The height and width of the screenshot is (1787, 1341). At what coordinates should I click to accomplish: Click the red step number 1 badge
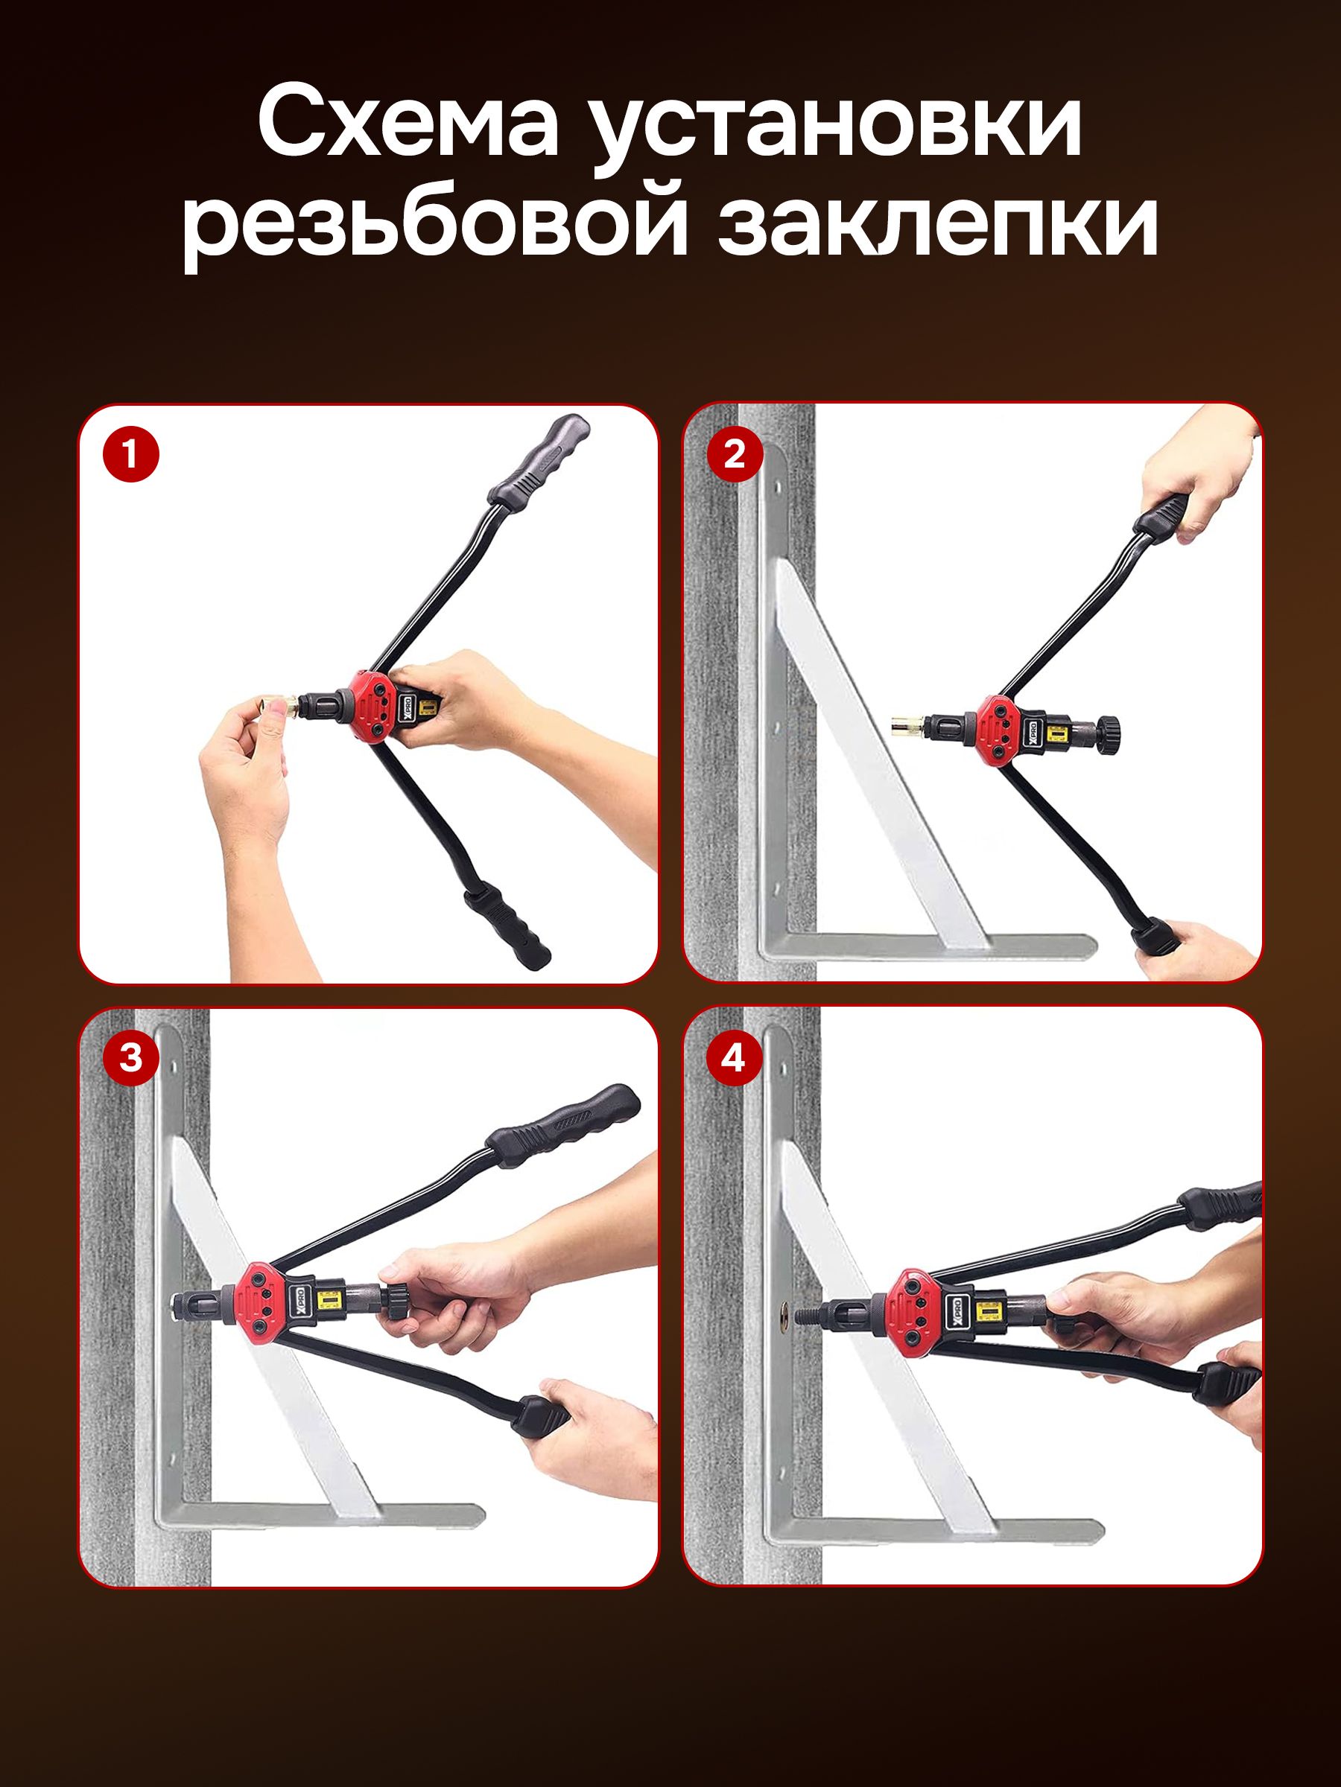[131, 455]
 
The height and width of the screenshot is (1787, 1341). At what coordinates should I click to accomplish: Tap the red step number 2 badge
[734, 455]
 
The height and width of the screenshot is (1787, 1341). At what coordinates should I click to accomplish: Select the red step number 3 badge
[131, 1057]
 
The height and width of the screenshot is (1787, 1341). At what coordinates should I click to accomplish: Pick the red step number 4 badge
[734, 1057]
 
